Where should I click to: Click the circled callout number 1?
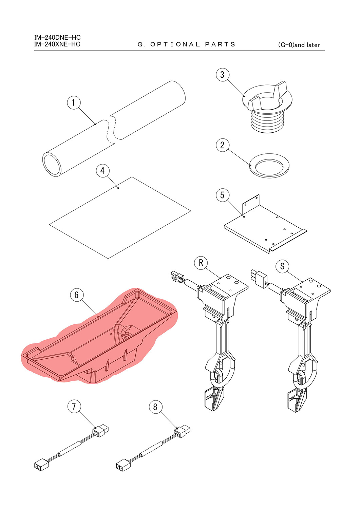click(x=74, y=102)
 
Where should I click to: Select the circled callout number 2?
click(x=223, y=145)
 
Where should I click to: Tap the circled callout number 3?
click(x=223, y=75)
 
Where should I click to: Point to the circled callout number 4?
click(x=102, y=171)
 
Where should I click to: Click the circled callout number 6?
click(x=77, y=295)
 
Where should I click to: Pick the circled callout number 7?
click(x=74, y=406)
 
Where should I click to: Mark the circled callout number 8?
click(x=156, y=407)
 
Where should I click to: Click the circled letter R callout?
click(x=201, y=263)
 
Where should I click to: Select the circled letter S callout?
click(x=282, y=266)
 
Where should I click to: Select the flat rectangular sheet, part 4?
click(x=120, y=218)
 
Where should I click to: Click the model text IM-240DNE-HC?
click(x=57, y=37)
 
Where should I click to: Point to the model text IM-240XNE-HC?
click(x=57, y=44)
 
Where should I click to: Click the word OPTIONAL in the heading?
click(x=175, y=44)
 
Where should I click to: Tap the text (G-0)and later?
click(x=299, y=45)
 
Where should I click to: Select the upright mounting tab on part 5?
click(x=251, y=205)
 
